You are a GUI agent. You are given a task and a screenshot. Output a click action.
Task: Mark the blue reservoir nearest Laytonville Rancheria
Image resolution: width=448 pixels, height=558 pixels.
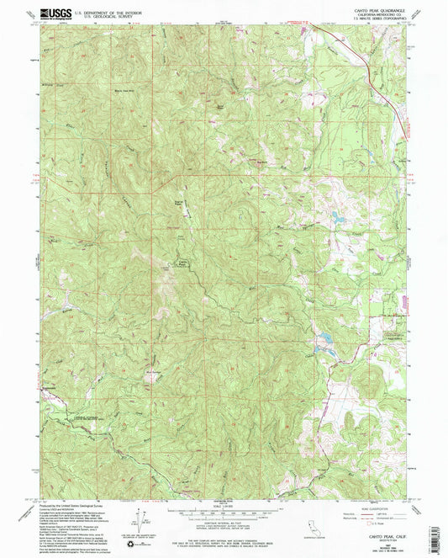[323, 341]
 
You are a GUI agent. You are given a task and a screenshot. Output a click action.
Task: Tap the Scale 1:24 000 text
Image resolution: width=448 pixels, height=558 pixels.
[224, 504]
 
